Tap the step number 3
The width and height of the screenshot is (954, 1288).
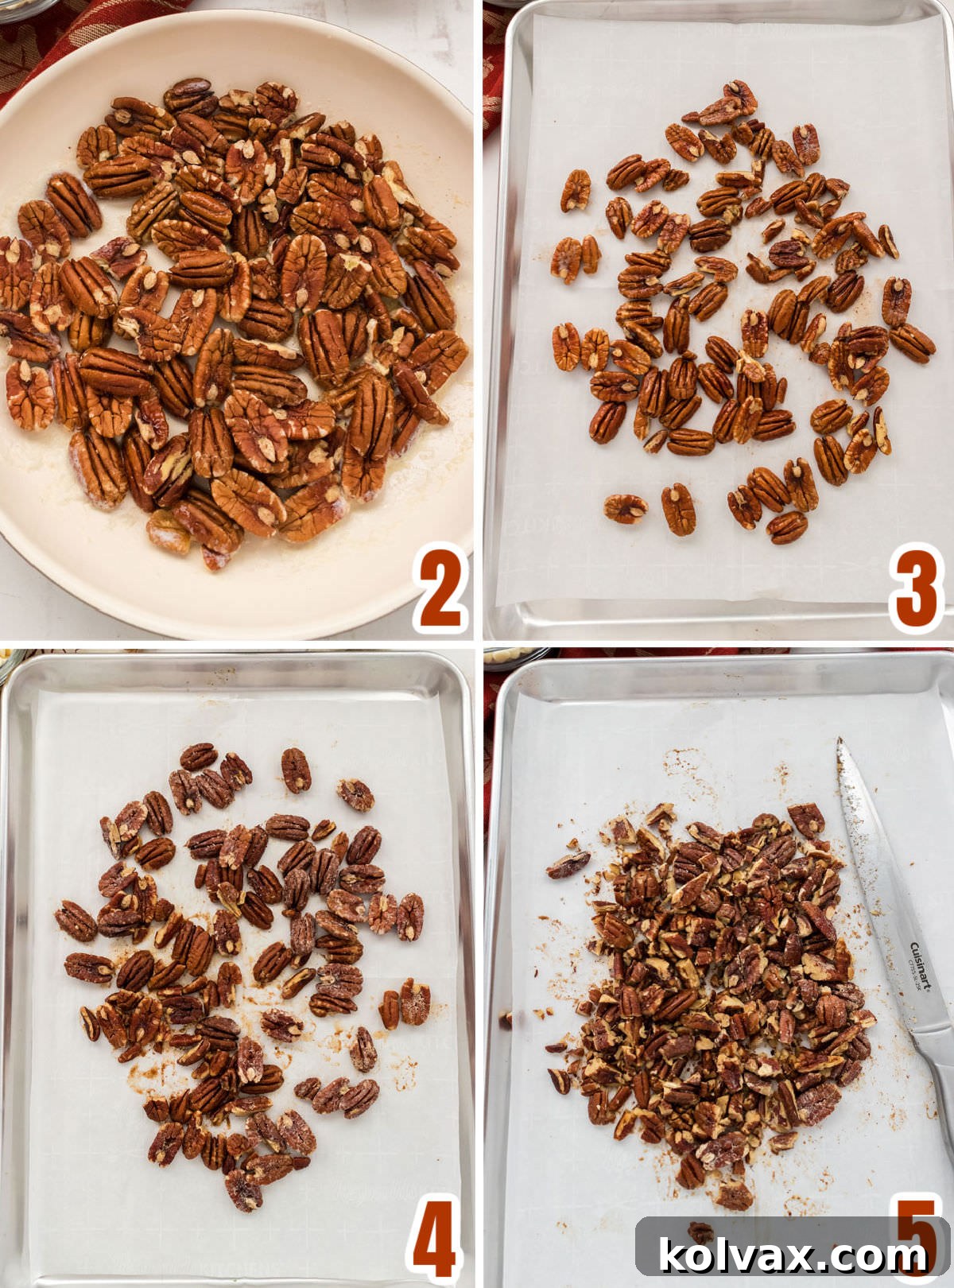point(916,589)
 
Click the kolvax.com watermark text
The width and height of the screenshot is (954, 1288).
point(793,1256)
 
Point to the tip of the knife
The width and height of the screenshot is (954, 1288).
point(839,741)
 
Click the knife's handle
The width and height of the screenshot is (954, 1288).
point(938,1073)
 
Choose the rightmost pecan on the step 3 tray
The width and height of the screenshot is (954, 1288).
point(913,343)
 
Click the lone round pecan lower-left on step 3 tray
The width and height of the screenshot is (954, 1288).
point(625,508)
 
